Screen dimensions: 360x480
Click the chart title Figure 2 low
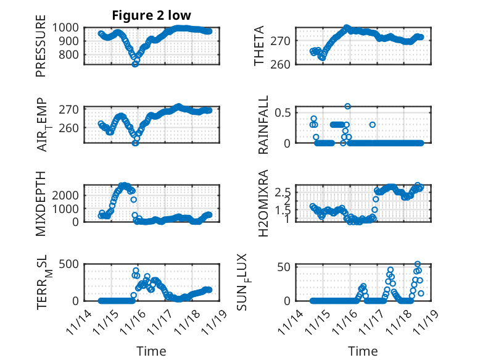click(x=143, y=15)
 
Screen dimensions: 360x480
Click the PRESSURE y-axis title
click(x=41, y=49)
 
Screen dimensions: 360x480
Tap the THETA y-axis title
click(x=260, y=46)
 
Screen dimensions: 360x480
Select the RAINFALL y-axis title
click(x=263, y=124)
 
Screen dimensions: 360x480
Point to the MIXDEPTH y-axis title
click(x=41, y=203)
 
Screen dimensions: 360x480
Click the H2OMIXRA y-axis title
click(x=263, y=203)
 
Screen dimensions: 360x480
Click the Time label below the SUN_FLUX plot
click(x=363, y=351)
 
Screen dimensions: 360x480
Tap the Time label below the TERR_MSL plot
click(x=151, y=351)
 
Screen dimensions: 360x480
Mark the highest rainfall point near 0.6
click(x=348, y=106)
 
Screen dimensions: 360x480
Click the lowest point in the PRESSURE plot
click(x=135, y=64)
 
